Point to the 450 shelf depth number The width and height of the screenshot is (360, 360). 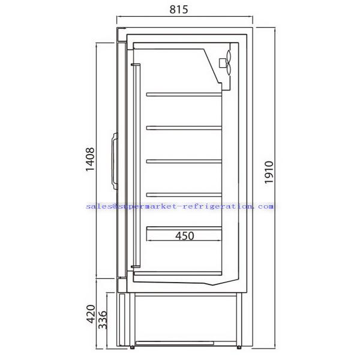tap(184, 236)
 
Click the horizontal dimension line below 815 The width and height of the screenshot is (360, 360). tap(184, 26)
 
